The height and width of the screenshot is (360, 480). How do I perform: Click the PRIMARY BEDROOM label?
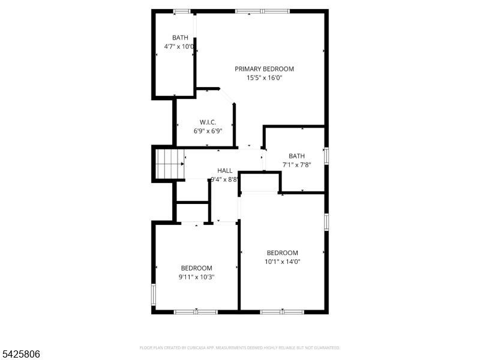click(264, 69)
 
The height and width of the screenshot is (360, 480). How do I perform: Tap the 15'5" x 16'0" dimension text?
click(264, 77)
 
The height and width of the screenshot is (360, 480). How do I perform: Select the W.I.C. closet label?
click(200, 122)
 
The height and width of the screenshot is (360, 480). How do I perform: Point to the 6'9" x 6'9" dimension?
click(208, 131)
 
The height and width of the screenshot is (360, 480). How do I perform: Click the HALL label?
click(225, 171)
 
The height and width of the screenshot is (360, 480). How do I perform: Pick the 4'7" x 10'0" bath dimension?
click(179, 46)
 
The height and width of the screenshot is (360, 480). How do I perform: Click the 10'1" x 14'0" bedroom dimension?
click(282, 261)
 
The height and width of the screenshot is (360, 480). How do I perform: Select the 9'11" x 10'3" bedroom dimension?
click(196, 277)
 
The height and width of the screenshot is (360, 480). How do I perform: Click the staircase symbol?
click(169, 164)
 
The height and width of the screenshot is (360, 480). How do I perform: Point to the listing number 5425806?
click(20, 355)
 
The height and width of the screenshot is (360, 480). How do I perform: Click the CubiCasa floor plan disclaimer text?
click(240, 347)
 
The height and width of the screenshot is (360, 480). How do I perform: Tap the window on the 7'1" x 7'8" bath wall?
click(326, 155)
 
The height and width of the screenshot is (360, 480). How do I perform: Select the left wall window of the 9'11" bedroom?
click(154, 294)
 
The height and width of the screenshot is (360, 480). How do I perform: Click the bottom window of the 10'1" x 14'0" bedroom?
click(282, 311)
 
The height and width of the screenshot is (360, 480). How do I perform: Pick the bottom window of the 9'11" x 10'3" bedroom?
click(196, 311)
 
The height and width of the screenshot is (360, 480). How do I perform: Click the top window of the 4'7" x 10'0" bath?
click(182, 11)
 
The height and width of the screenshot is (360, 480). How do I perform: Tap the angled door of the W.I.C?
click(226, 96)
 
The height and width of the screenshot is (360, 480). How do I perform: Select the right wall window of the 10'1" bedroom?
click(326, 221)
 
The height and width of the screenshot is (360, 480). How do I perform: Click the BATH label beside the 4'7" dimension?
click(180, 38)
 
